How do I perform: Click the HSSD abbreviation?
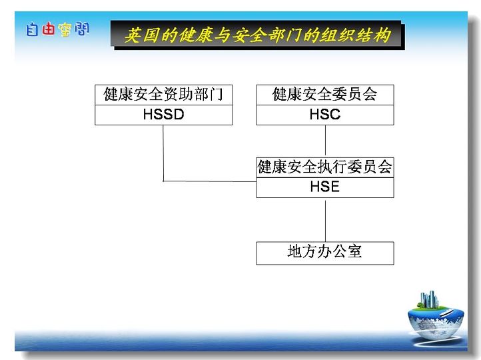(x=163, y=114)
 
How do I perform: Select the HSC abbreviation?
(x=325, y=114)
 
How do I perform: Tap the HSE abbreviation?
(x=325, y=187)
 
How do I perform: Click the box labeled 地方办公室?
(x=325, y=253)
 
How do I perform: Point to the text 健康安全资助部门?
(x=163, y=94)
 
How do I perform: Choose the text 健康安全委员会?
(x=325, y=94)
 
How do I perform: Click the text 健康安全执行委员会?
(x=325, y=167)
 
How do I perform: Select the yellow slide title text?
(x=258, y=35)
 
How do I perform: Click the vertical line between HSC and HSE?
(x=326, y=141)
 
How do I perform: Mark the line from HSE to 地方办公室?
(x=326, y=220)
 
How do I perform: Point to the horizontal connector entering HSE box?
(x=209, y=181)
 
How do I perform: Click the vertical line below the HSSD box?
(x=163, y=153)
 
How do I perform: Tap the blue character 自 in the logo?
(x=32, y=29)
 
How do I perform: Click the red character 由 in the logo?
(x=48, y=29)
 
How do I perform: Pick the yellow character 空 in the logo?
(x=65, y=30)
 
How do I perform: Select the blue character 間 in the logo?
(x=81, y=29)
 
